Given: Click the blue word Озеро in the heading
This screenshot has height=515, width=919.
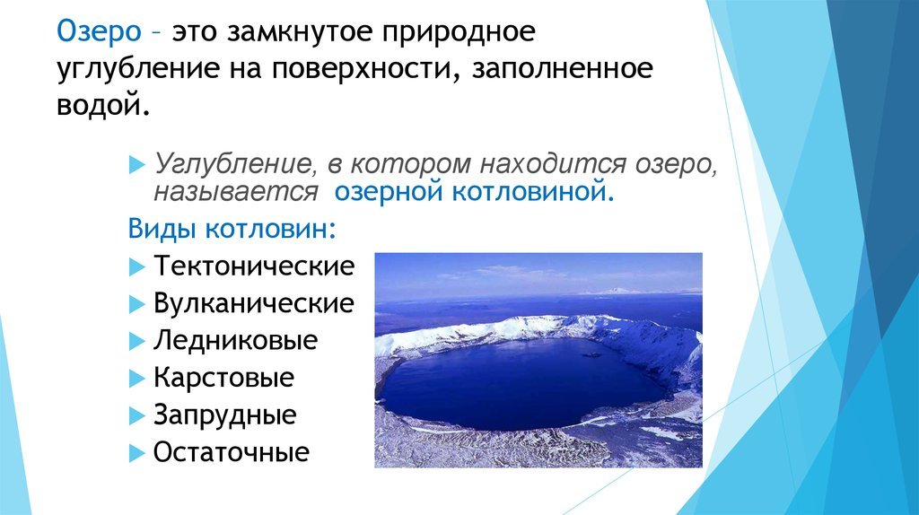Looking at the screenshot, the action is point(99,31).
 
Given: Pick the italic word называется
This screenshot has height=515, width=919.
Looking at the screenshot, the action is point(236,193).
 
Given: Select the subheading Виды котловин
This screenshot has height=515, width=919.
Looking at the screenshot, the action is point(232,229).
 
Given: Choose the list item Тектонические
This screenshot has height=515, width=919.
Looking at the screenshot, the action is point(254,266).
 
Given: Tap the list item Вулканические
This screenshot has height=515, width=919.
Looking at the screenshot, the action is point(254,303).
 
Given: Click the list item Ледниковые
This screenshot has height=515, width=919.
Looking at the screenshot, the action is point(236,340).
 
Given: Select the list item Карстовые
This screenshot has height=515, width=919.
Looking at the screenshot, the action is point(223,378).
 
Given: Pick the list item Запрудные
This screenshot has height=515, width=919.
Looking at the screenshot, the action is point(225,415).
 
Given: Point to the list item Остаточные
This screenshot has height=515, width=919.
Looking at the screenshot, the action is point(232,452).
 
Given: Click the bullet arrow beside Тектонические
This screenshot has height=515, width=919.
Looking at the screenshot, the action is point(136,267).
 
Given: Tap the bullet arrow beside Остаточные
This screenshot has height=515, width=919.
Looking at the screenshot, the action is point(136,453).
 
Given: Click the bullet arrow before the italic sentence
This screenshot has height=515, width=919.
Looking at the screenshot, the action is point(136,164).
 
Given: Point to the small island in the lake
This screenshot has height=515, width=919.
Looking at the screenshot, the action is point(591,354).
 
